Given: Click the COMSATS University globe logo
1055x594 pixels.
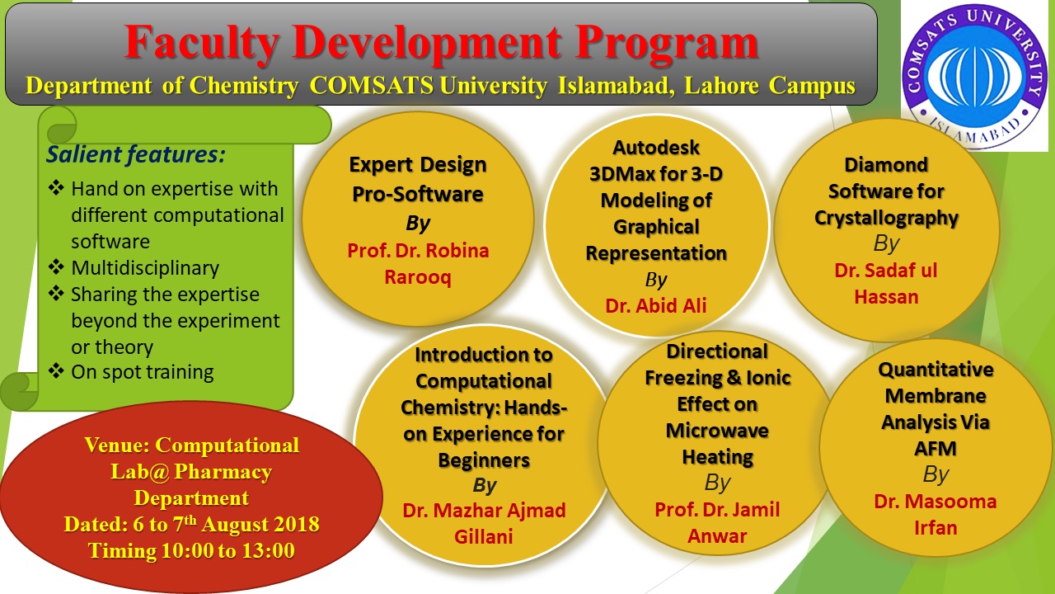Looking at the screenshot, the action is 974,76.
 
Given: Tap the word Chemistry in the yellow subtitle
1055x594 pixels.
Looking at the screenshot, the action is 243,86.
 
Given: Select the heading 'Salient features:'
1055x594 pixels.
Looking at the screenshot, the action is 136,154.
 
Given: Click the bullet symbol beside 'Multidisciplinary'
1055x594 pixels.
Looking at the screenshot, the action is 56,267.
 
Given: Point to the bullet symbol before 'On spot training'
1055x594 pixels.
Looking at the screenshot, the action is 56,371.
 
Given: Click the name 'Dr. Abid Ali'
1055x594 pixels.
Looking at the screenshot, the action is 655,305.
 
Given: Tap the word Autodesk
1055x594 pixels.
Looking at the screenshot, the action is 655,148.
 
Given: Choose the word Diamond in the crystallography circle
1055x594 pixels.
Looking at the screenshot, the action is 886,165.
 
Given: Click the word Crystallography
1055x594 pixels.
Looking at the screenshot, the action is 886,219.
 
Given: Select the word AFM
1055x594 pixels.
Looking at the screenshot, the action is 935,448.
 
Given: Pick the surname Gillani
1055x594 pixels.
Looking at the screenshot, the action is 483,536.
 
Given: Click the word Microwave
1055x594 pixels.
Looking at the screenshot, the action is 717,431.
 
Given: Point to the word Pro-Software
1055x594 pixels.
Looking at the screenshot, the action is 418,194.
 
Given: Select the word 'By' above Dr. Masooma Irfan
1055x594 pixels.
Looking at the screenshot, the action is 935,474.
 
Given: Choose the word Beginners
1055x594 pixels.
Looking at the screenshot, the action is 484,460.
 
